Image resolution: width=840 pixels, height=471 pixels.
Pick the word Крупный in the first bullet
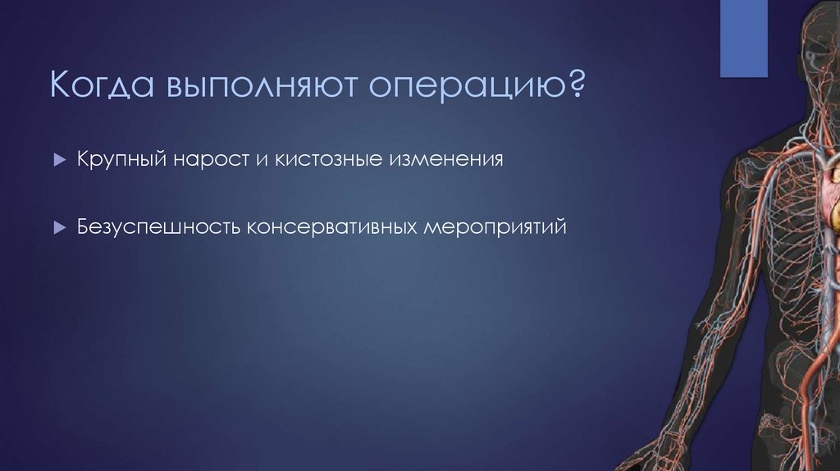coord(121,159)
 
